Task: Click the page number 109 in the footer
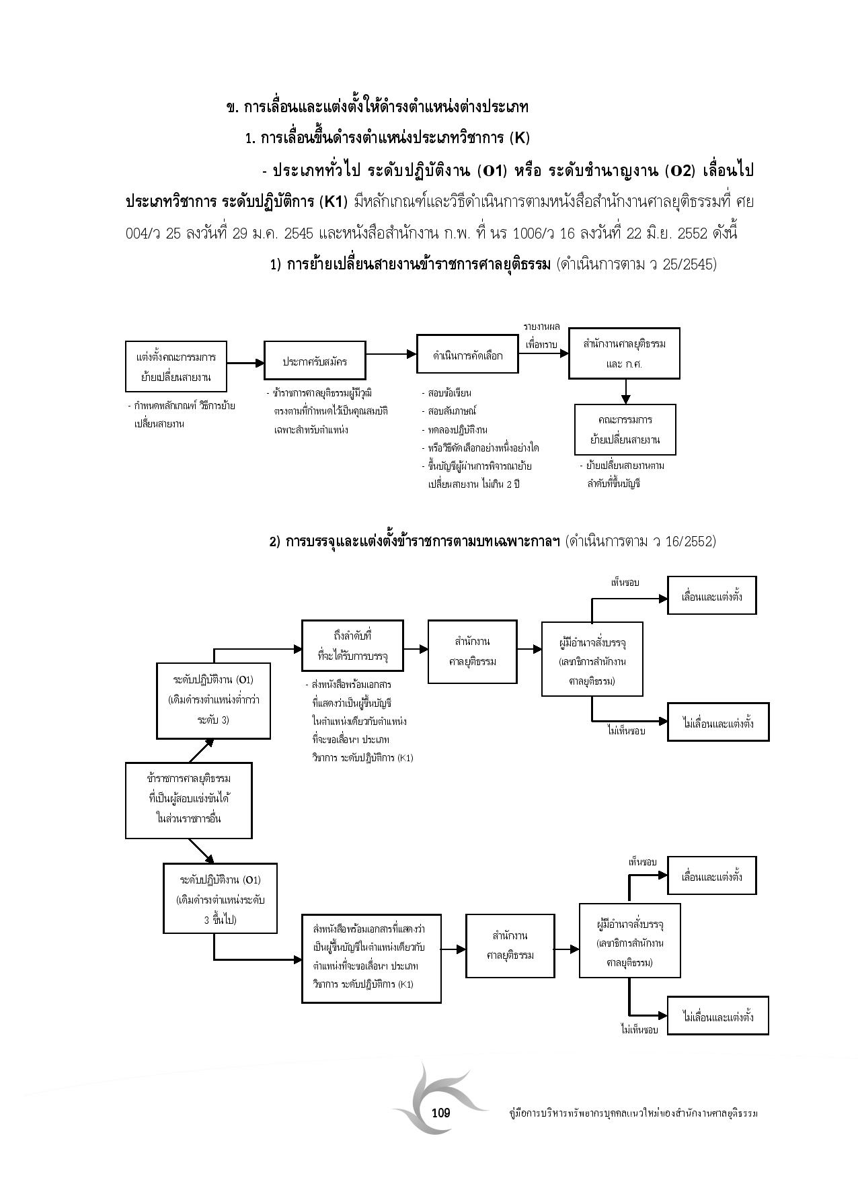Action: click(x=440, y=1113)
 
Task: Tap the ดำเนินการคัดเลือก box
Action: click(x=468, y=353)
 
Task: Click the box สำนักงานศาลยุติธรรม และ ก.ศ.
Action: click(x=624, y=353)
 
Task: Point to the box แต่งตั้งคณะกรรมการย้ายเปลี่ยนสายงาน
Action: click(x=176, y=366)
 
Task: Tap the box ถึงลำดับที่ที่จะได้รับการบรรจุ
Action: click(x=352, y=645)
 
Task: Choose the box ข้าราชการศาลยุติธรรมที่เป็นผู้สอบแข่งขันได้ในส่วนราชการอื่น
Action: click(x=188, y=800)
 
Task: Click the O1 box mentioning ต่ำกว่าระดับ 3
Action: click(x=213, y=700)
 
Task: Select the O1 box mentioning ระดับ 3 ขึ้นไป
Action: click(x=221, y=899)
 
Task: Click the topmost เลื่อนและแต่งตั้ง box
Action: click(x=711, y=595)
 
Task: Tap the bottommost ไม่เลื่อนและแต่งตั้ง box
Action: click(x=717, y=1016)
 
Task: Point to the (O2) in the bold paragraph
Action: click(x=678, y=171)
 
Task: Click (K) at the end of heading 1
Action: click(x=520, y=138)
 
